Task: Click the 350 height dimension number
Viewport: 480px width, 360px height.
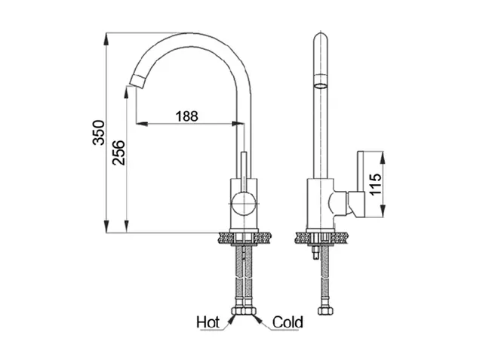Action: [99, 133]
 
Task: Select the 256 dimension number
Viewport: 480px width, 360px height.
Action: [118, 152]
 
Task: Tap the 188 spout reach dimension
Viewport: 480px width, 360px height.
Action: [186, 116]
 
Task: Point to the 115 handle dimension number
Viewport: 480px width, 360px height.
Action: [375, 184]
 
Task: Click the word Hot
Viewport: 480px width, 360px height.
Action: [208, 322]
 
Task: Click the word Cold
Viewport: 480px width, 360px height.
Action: [288, 322]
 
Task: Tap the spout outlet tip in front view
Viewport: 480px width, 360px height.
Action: [137, 81]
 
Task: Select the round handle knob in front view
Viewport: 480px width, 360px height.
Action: [244, 204]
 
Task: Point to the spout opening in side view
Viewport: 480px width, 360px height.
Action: [321, 85]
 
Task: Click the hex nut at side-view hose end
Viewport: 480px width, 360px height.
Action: [324, 311]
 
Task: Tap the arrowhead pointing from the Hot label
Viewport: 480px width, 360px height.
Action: [232, 319]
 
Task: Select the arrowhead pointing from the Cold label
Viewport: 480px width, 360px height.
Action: [257, 319]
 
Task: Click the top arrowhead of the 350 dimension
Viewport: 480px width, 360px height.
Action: [106, 39]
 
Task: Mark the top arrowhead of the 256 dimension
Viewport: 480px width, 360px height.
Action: [127, 92]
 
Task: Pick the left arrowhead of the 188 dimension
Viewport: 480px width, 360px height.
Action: [142, 124]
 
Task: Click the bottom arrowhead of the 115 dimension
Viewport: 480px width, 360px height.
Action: [383, 211]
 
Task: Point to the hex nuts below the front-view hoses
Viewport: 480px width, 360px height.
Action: [244, 311]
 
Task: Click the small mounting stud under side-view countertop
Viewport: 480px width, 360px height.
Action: [315, 253]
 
